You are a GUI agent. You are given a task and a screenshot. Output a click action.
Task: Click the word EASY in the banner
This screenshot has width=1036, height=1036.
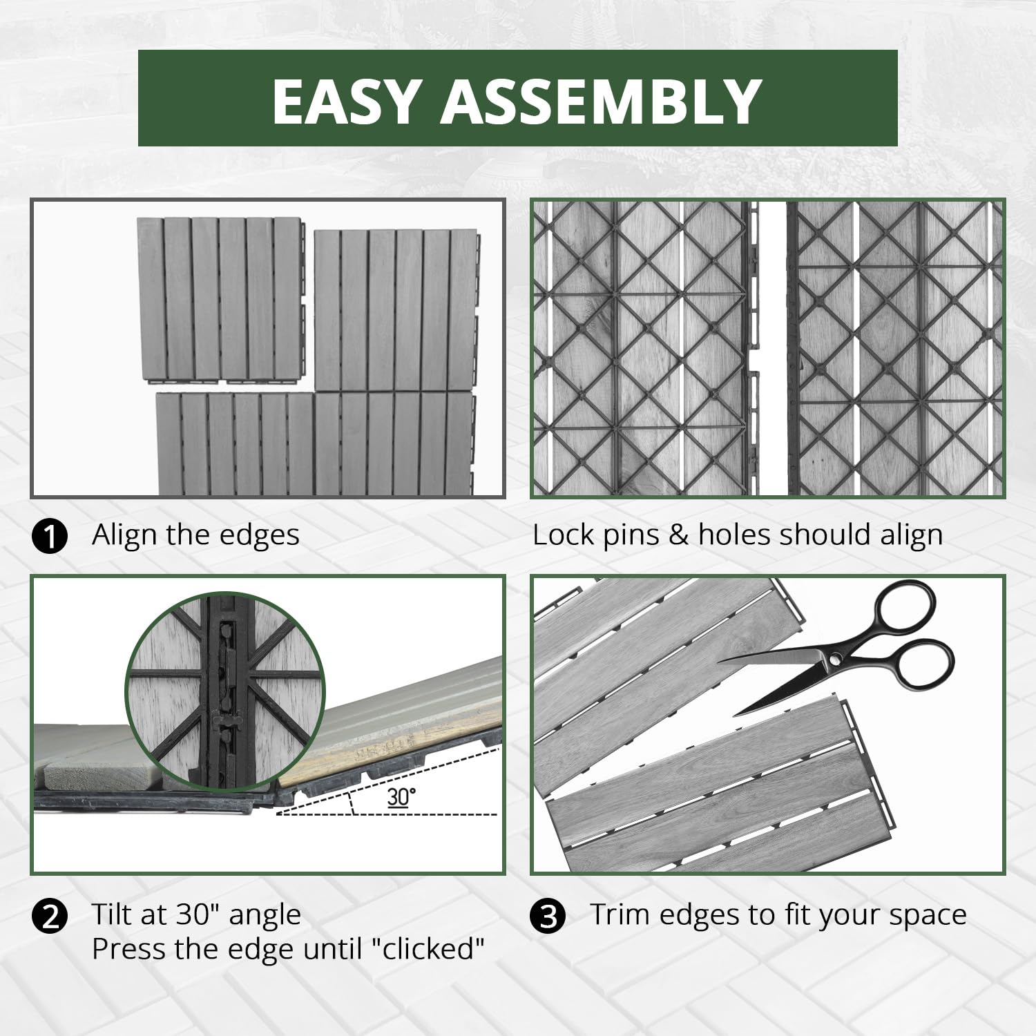346,101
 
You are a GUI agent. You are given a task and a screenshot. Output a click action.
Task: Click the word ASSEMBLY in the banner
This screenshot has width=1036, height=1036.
602,101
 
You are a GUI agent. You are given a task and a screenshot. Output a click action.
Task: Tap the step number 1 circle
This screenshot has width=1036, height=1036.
50,537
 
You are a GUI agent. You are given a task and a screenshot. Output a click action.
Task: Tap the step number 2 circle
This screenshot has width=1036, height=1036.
50,917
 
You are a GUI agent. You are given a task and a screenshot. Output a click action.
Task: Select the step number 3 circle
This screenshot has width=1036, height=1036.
548,917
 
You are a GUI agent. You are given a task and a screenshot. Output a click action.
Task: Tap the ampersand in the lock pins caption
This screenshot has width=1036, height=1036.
679,536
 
